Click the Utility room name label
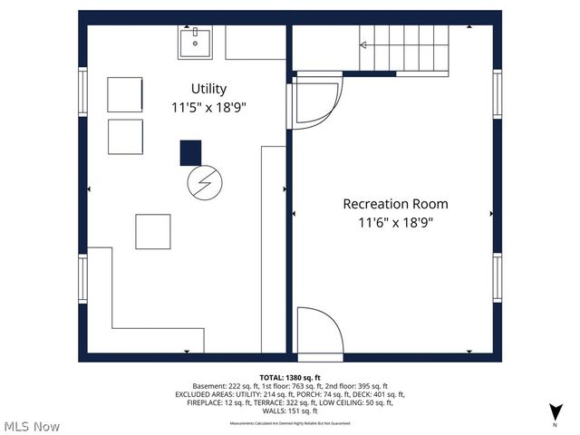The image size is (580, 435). point(208,89)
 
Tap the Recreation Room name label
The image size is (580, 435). point(394,204)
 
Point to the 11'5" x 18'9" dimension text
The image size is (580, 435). point(208,107)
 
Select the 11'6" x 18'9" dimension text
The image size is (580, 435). point(394,223)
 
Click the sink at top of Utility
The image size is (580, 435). point(194,42)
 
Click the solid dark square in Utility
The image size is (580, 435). point(190,152)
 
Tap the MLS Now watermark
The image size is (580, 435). point(32,425)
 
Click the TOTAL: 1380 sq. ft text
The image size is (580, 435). point(290,377)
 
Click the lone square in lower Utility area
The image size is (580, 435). point(153,231)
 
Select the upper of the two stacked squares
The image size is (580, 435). point(125,94)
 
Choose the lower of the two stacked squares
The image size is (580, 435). point(125,136)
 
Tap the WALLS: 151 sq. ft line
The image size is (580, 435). point(290,411)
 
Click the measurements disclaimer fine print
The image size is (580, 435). point(290,423)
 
